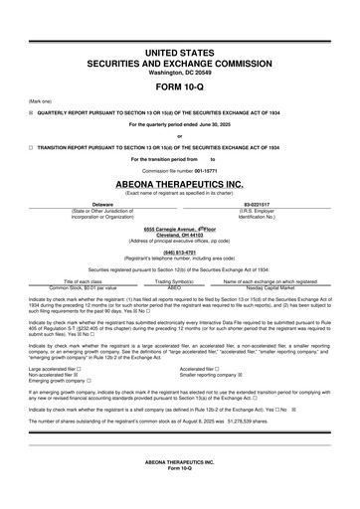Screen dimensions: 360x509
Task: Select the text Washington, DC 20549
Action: [x=179, y=71]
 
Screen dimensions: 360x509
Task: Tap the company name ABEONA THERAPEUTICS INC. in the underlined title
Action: [x=179, y=184]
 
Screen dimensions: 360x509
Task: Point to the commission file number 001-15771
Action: [x=212, y=171]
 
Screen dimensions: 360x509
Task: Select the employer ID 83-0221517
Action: [x=257, y=204]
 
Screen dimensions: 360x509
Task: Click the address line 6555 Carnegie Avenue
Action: [x=179, y=228]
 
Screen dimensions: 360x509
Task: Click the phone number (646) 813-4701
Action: [x=179, y=252]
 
